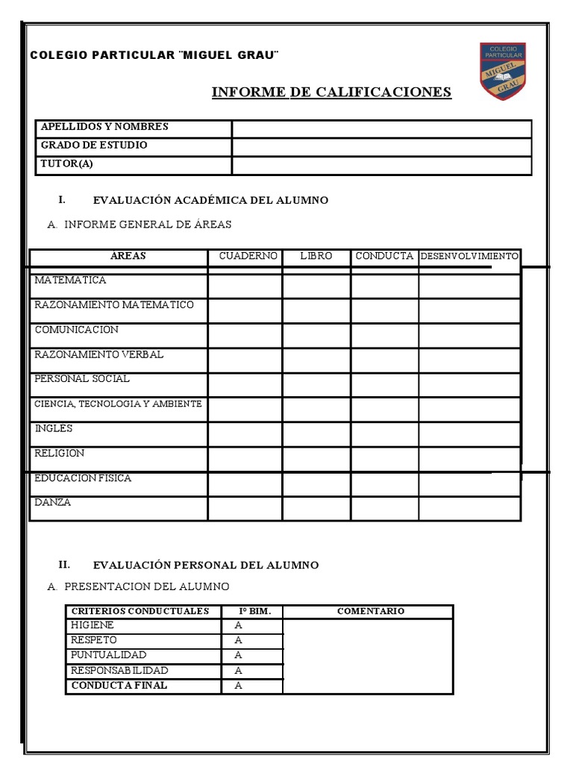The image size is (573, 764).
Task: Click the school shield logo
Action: click(502, 71)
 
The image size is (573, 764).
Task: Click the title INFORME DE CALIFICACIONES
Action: click(331, 92)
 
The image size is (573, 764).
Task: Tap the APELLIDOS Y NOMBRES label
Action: click(104, 127)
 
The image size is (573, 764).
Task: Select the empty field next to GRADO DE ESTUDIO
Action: click(381, 147)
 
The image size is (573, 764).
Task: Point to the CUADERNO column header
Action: click(248, 256)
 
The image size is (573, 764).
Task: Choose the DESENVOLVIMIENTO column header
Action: click(469, 256)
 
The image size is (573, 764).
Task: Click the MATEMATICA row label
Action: click(71, 281)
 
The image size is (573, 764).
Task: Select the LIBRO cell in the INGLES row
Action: click(316, 434)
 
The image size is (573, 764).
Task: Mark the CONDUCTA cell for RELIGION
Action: click(384, 459)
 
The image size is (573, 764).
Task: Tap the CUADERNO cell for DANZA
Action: click(245, 508)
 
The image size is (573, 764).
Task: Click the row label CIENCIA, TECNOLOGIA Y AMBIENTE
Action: click(118, 404)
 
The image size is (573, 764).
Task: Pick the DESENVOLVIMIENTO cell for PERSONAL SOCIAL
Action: click(469, 385)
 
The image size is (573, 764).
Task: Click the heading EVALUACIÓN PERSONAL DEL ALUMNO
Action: click(205, 565)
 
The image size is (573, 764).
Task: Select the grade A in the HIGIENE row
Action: click(239, 626)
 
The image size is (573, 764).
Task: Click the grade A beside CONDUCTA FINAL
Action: click(239, 686)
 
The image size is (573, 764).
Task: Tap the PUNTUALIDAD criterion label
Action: click(108, 655)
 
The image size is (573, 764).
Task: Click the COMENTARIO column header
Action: click(370, 611)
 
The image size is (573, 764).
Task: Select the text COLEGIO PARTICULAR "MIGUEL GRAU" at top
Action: click(154, 56)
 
